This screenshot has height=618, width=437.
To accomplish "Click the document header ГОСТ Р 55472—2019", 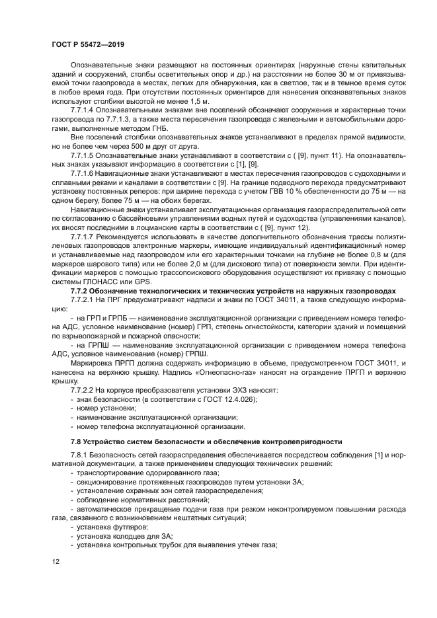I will point(88,44).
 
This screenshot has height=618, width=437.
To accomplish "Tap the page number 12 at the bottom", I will point(56,562).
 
